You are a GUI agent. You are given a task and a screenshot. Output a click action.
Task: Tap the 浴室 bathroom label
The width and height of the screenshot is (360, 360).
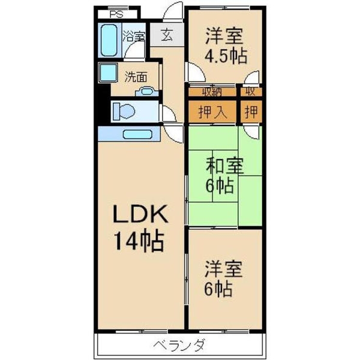point(134,36)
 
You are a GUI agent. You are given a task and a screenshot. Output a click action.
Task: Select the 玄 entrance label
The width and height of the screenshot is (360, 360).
point(167,35)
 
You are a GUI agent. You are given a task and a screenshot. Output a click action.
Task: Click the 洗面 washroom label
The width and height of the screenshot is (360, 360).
point(136,77)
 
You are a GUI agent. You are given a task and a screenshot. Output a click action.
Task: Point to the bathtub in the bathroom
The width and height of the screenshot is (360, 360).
point(109,41)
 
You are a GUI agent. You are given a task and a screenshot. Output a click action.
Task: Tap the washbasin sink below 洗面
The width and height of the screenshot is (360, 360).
point(146,92)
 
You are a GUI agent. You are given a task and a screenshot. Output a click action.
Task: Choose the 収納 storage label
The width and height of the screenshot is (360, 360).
point(211,92)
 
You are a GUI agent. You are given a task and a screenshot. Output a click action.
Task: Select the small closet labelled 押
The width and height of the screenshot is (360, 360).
point(252,112)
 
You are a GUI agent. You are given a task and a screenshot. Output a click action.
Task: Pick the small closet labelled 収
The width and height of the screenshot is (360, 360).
point(251,92)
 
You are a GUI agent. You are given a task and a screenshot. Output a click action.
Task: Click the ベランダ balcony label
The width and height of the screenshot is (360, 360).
point(179,346)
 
